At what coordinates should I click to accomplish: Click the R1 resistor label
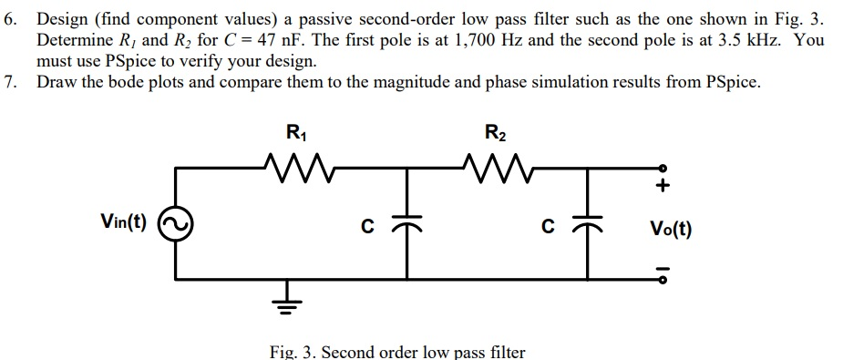297,132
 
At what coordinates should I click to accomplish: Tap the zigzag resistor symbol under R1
297,167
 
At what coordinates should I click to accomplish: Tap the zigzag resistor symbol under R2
494,167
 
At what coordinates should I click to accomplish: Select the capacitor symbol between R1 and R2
406,224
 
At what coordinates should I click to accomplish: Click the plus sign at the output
663,188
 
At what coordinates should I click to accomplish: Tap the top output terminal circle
663,169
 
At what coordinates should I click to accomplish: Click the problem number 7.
10,82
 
